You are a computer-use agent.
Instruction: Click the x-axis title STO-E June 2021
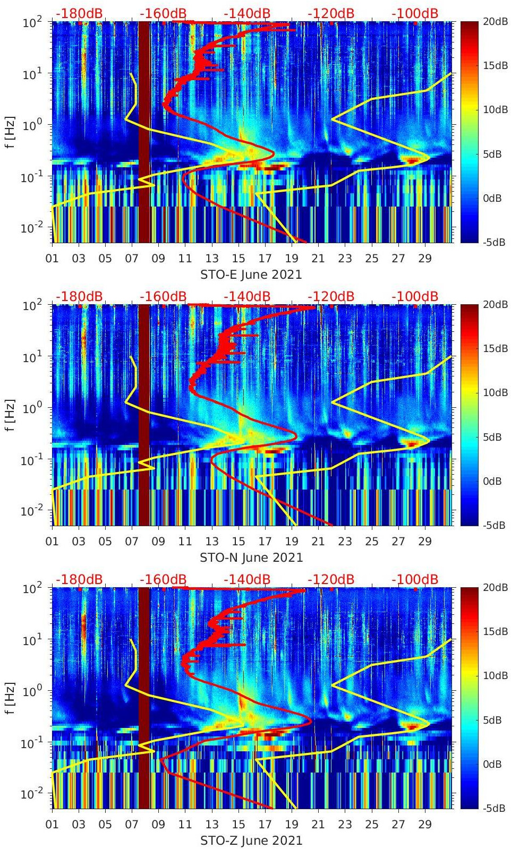[251, 275]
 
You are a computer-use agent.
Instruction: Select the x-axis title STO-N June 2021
[251, 558]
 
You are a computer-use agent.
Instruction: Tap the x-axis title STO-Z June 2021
[251, 841]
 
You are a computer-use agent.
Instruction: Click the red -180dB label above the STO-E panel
[79, 13]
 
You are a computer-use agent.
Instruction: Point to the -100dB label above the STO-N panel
[415, 296]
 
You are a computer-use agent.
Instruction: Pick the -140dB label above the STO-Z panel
[247, 579]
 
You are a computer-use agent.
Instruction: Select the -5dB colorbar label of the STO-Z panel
[494, 808]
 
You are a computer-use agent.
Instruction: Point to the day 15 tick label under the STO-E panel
[239, 259]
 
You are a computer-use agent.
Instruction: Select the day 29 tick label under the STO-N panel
[425, 542]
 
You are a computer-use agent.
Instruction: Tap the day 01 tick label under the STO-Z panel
[52, 825]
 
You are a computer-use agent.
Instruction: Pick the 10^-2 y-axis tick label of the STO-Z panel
[31, 794]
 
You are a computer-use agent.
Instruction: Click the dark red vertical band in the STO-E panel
[144, 133]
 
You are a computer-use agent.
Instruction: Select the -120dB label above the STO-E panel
[331, 13]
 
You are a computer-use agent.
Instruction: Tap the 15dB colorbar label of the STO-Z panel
[496, 631]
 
